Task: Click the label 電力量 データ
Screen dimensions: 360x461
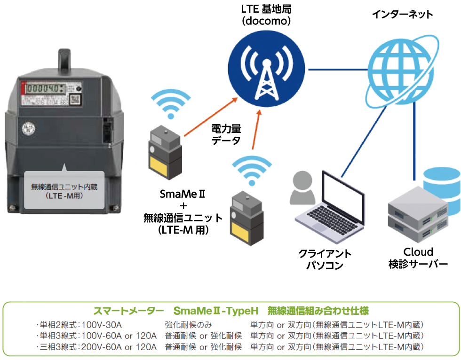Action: point(226,133)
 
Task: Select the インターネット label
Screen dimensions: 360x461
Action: point(402,15)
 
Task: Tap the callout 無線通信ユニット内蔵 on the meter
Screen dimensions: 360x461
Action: point(64,190)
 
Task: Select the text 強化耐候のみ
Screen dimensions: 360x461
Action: point(189,324)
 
